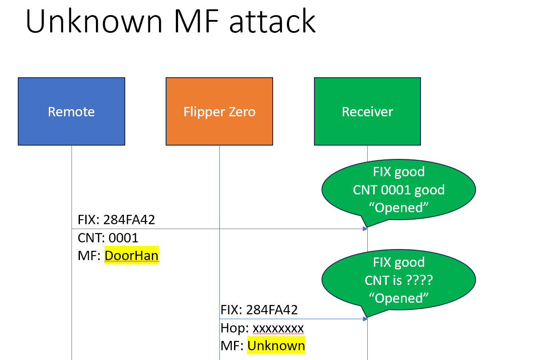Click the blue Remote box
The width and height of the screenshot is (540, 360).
pos(71,111)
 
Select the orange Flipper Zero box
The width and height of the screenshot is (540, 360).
pos(219,111)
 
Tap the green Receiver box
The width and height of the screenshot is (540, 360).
pos(367,111)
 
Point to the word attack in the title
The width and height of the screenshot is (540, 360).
pos(273,21)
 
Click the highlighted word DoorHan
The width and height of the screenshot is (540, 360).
pos(131,256)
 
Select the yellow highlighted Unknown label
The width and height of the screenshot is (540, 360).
pos(276,346)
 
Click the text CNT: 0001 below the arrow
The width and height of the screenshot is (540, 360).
pos(108,238)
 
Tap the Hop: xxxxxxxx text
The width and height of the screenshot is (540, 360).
pos(262,328)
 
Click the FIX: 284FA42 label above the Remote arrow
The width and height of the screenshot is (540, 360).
pos(116,220)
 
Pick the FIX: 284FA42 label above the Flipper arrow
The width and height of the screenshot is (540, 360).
pos(259,309)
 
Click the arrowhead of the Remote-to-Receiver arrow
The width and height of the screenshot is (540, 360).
pos(365,229)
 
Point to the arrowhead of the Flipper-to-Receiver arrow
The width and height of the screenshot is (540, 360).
pos(365,319)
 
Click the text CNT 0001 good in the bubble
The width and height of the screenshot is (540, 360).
pos(399,190)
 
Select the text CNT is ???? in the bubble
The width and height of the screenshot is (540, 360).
pos(399,280)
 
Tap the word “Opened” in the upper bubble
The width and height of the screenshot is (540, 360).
pos(399,207)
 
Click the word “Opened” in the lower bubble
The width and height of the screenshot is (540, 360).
pos(399,298)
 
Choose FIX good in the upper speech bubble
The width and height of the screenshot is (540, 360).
pos(399,172)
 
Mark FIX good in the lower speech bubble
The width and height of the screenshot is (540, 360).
pos(399,262)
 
